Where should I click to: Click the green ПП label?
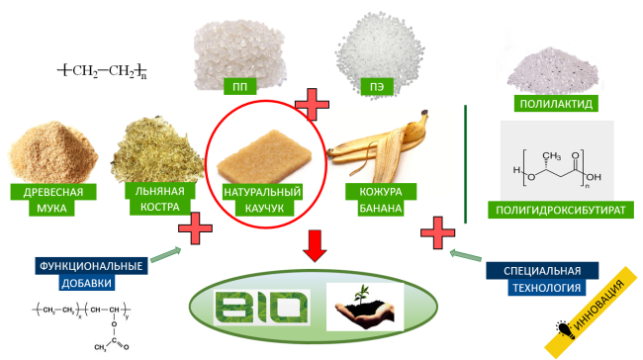tap(240, 86)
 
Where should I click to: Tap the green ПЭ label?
tap(377, 86)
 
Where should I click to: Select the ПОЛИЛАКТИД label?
tap(556, 103)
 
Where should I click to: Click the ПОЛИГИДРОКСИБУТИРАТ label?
tap(561, 210)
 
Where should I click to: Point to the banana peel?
tap(379, 147)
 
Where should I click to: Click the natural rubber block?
tap(264, 156)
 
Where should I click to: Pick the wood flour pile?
tap(52, 151)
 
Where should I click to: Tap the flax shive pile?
tap(157, 149)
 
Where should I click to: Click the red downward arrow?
tap(315, 246)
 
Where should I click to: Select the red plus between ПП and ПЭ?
tap(312, 105)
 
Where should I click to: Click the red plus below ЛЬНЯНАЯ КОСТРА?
tap(195, 228)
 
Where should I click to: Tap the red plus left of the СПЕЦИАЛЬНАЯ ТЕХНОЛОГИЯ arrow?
tap(437, 232)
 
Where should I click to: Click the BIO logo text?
tap(261, 308)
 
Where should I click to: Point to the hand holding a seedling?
tap(365, 307)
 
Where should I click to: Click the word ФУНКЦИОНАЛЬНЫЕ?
tap(91, 266)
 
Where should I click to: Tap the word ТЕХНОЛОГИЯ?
tap(547, 288)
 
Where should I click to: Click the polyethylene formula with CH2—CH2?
tap(102, 70)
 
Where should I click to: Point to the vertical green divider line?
tap(466, 164)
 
